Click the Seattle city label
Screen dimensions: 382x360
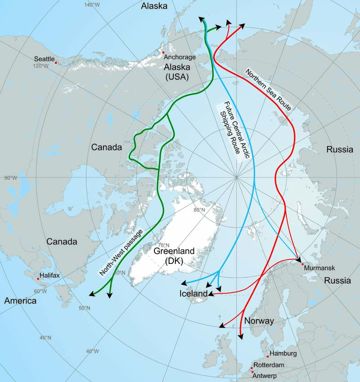click(44, 59)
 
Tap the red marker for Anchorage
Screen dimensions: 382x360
click(163, 53)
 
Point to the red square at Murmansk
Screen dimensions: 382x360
click(303, 264)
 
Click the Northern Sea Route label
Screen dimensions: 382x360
click(268, 89)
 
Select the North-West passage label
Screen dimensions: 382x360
click(121, 252)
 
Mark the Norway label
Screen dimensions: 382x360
click(259, 321)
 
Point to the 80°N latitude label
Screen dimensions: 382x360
click(199, 210)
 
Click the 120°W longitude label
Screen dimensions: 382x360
click(40, 66)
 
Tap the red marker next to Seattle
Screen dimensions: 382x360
click(56, 63)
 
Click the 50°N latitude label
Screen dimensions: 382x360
click(84, 308)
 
